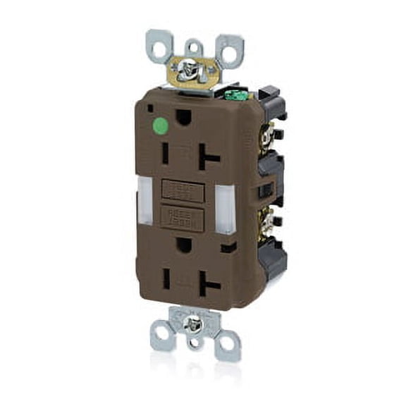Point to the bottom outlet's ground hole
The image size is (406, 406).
tap(184, 245)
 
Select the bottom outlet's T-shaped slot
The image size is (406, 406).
tap(210, 284)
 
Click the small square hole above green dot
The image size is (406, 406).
tap(151, 108)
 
